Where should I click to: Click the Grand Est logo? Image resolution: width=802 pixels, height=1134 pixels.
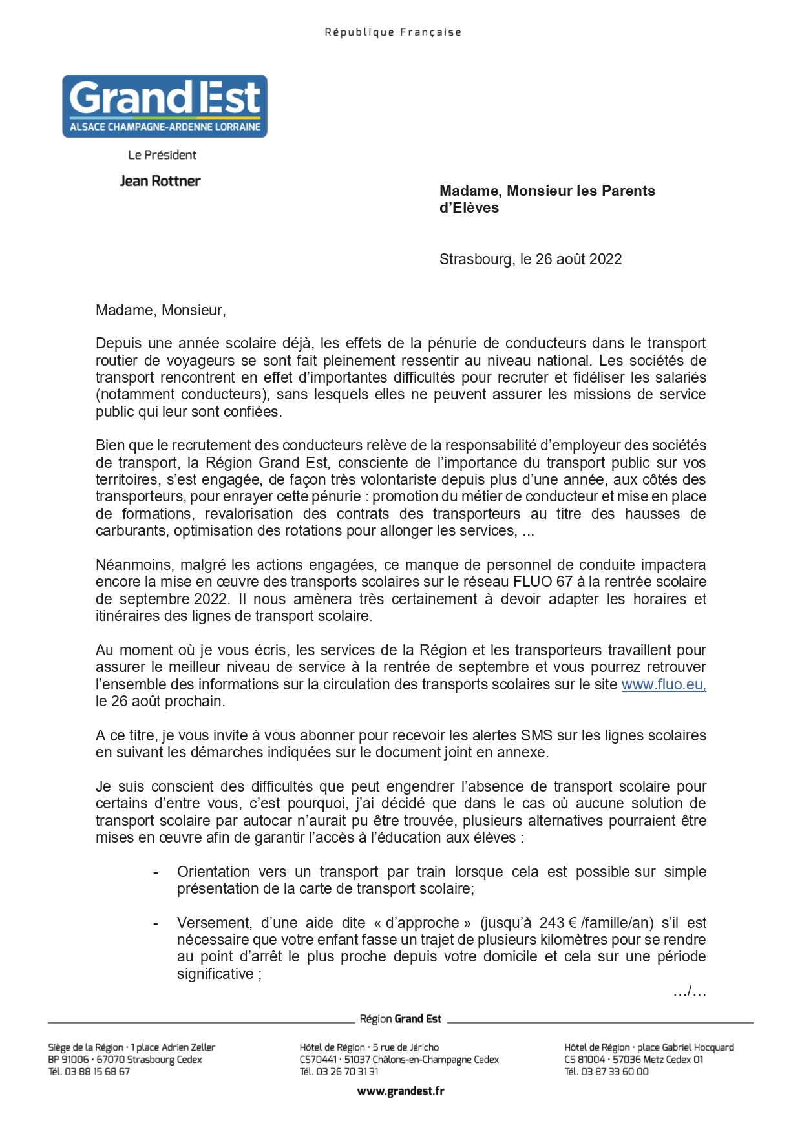pos(165,106)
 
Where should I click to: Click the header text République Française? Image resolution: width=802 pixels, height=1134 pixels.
pos(393,32)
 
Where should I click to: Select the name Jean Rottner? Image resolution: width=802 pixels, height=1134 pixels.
pos(160,181)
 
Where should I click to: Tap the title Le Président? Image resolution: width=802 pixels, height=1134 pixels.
pos(162,155)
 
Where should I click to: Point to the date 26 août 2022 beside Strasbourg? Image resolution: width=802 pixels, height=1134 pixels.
pos(578,259)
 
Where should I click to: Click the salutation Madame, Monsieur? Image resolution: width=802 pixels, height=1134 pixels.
pos(161,310)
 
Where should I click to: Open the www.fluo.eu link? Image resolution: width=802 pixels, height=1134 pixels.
pos(663,684)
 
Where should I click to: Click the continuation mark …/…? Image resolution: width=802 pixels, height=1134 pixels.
pos(690,991)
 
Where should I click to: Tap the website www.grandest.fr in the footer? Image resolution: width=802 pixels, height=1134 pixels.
pos(401,1091)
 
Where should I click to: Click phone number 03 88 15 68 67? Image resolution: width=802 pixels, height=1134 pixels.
pos(97,1071)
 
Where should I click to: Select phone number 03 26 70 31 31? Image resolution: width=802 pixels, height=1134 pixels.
pos(348,1071)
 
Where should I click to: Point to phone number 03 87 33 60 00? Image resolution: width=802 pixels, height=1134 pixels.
pos(615,1071)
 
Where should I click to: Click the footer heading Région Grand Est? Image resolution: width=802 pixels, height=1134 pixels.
pos(401,1019)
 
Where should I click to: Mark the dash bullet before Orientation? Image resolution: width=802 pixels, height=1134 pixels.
pos(156,872)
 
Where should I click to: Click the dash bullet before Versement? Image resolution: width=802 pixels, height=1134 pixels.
pos(156,923)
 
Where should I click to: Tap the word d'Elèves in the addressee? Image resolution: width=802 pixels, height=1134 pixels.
pos(469,208)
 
